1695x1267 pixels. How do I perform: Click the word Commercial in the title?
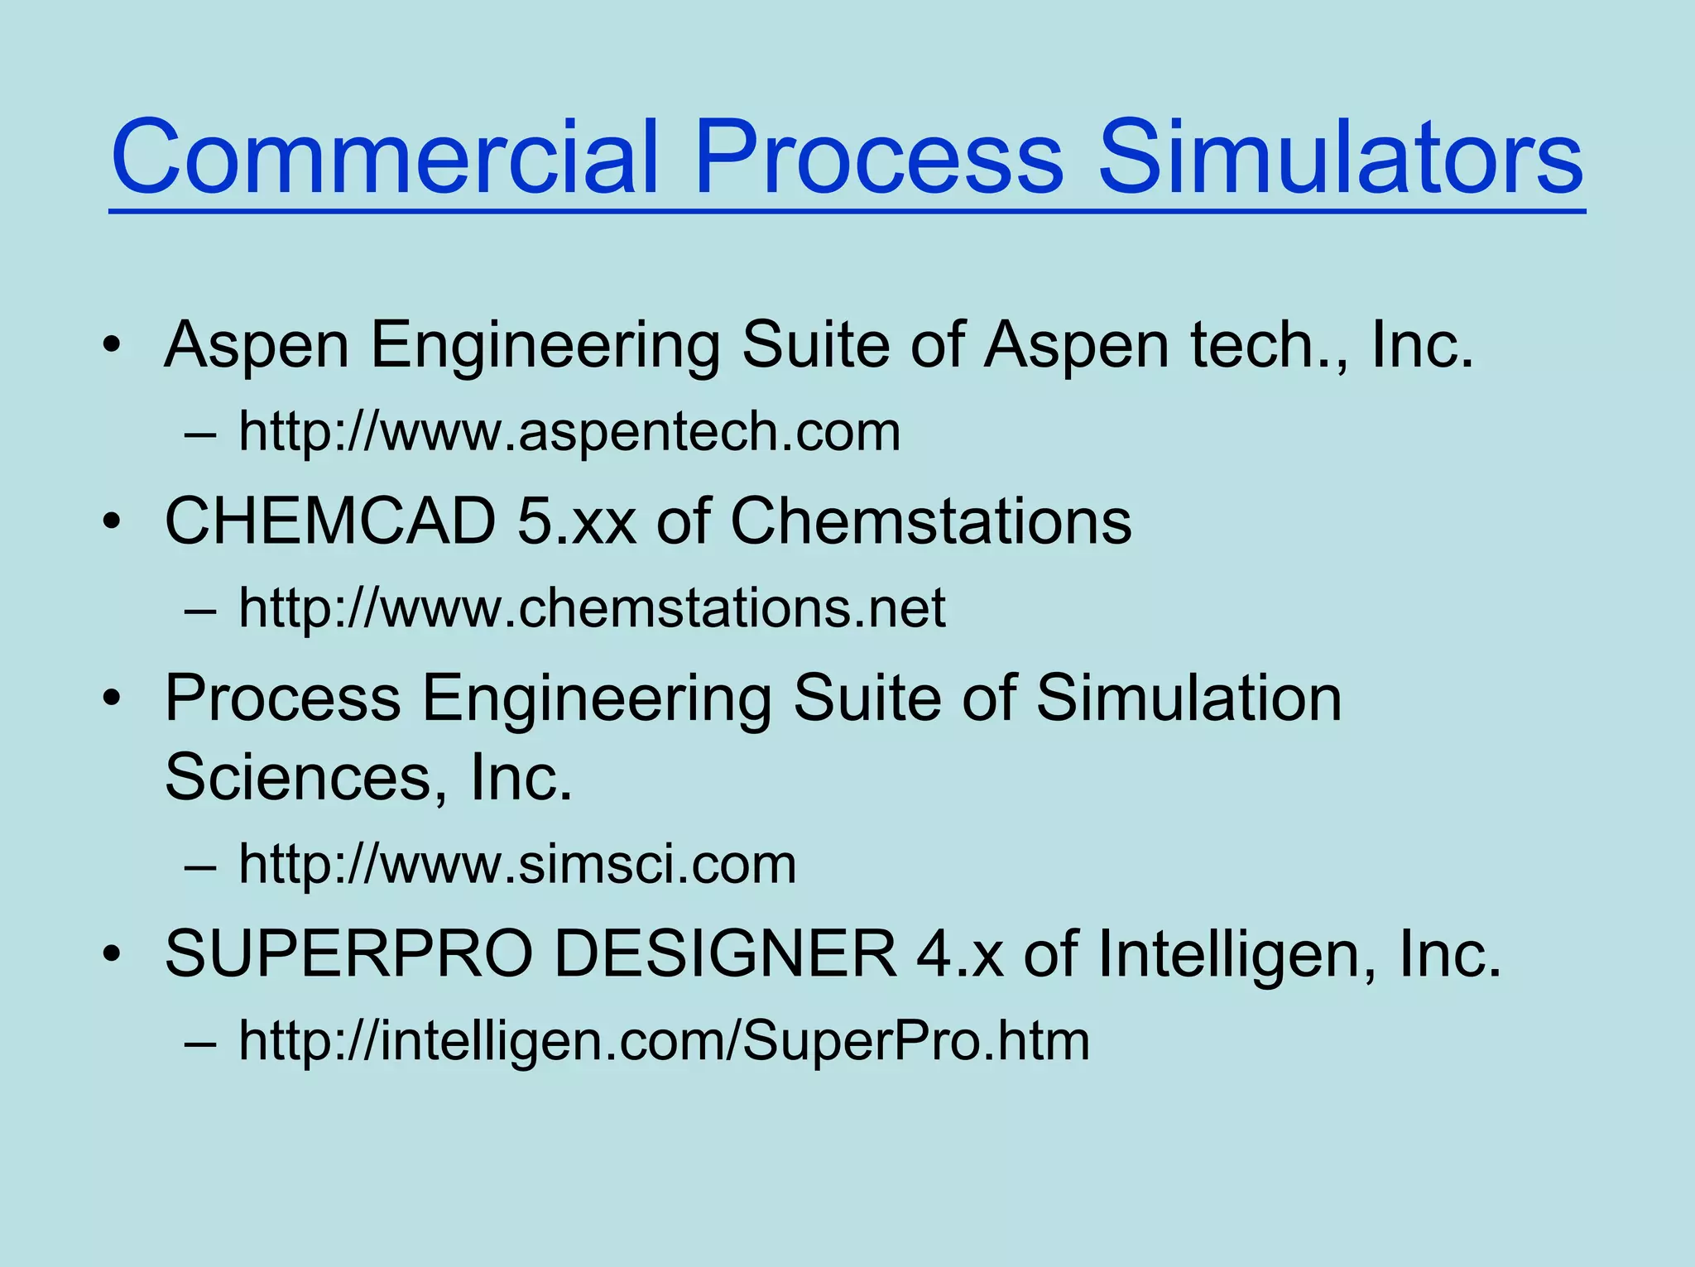(385, 157)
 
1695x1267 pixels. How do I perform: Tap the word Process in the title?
(878, 157)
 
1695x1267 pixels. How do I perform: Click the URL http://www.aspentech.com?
(569, 431)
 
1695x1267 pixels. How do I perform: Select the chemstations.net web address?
(592, 607)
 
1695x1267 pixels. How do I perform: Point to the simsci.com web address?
(517, 864)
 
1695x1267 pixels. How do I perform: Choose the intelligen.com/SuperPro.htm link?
(664, 1040)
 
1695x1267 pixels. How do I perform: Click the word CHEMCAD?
(330, 521)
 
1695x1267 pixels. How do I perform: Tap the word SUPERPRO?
(348, 954)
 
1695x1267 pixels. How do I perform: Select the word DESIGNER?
(725, 954)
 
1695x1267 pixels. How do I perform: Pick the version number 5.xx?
(577, 521)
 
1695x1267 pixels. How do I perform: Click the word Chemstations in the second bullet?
(930, 521)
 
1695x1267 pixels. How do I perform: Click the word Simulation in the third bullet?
(1188, 698)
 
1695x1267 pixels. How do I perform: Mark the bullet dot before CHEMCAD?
(113, 522)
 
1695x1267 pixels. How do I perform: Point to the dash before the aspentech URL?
(201, 433)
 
